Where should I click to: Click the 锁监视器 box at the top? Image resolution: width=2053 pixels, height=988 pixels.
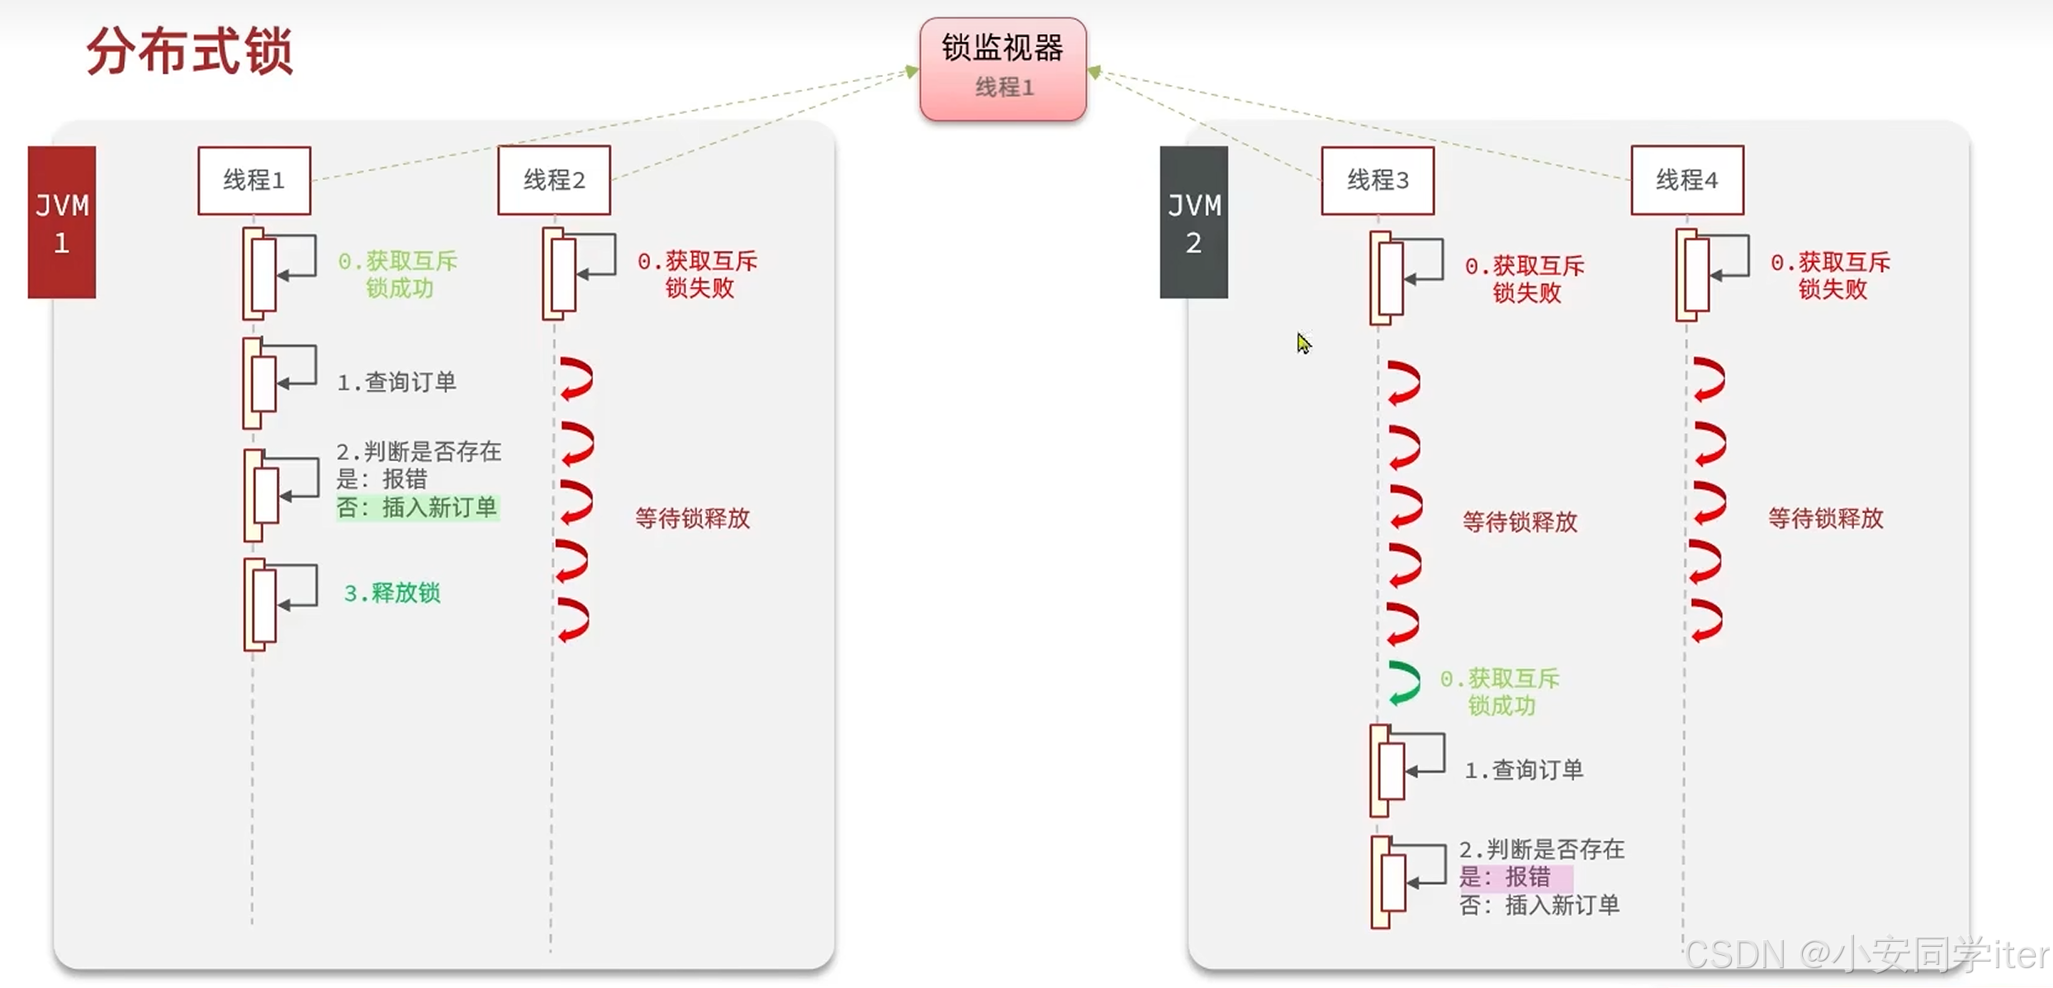tap(1003, 68)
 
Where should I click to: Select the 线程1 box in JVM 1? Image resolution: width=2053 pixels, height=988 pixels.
tap(254, 180)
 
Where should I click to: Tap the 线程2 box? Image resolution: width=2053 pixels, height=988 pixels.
tap(554, 180)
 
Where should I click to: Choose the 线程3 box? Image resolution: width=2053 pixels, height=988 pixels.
tap(1377, 180)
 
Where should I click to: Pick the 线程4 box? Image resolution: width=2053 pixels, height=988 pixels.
tap(1687, 180)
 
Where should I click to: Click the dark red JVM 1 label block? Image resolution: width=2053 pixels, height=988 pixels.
tap(62, 222)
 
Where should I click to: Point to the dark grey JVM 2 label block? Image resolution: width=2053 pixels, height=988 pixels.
tap(1193, 222)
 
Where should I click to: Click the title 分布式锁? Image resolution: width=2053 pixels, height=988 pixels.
tap(190, 51)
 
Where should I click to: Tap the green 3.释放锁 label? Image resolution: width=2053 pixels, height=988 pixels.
tap(392, 593)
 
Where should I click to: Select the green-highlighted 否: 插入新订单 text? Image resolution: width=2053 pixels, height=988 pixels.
tap(417, 507)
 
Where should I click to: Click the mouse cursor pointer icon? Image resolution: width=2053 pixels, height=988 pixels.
tap(1303, 343)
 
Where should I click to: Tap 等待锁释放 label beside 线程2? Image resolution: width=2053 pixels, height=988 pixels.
tap(692, 519)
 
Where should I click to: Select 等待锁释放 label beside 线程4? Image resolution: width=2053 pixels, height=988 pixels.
tap(1825, 519)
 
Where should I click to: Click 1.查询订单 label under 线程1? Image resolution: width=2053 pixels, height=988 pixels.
tap(396, 382)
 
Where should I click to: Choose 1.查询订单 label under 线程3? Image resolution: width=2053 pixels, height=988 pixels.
tap(1524, 771)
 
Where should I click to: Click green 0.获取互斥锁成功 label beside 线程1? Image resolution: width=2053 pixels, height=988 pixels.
tap(398, 274)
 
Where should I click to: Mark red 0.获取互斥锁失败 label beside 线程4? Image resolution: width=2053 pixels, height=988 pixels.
tap(1831, 276)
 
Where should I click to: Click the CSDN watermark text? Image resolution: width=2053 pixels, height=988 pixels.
tap(1865, 955)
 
